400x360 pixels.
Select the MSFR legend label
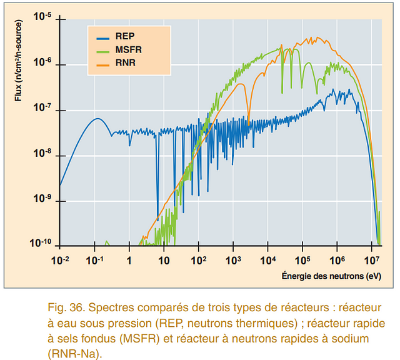tap(127, 49)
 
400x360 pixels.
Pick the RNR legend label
tap(125, 63)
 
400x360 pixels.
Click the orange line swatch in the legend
tap(99, 63)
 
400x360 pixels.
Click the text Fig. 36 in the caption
tap(64, 308)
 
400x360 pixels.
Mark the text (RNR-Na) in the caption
tap(71, 353)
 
